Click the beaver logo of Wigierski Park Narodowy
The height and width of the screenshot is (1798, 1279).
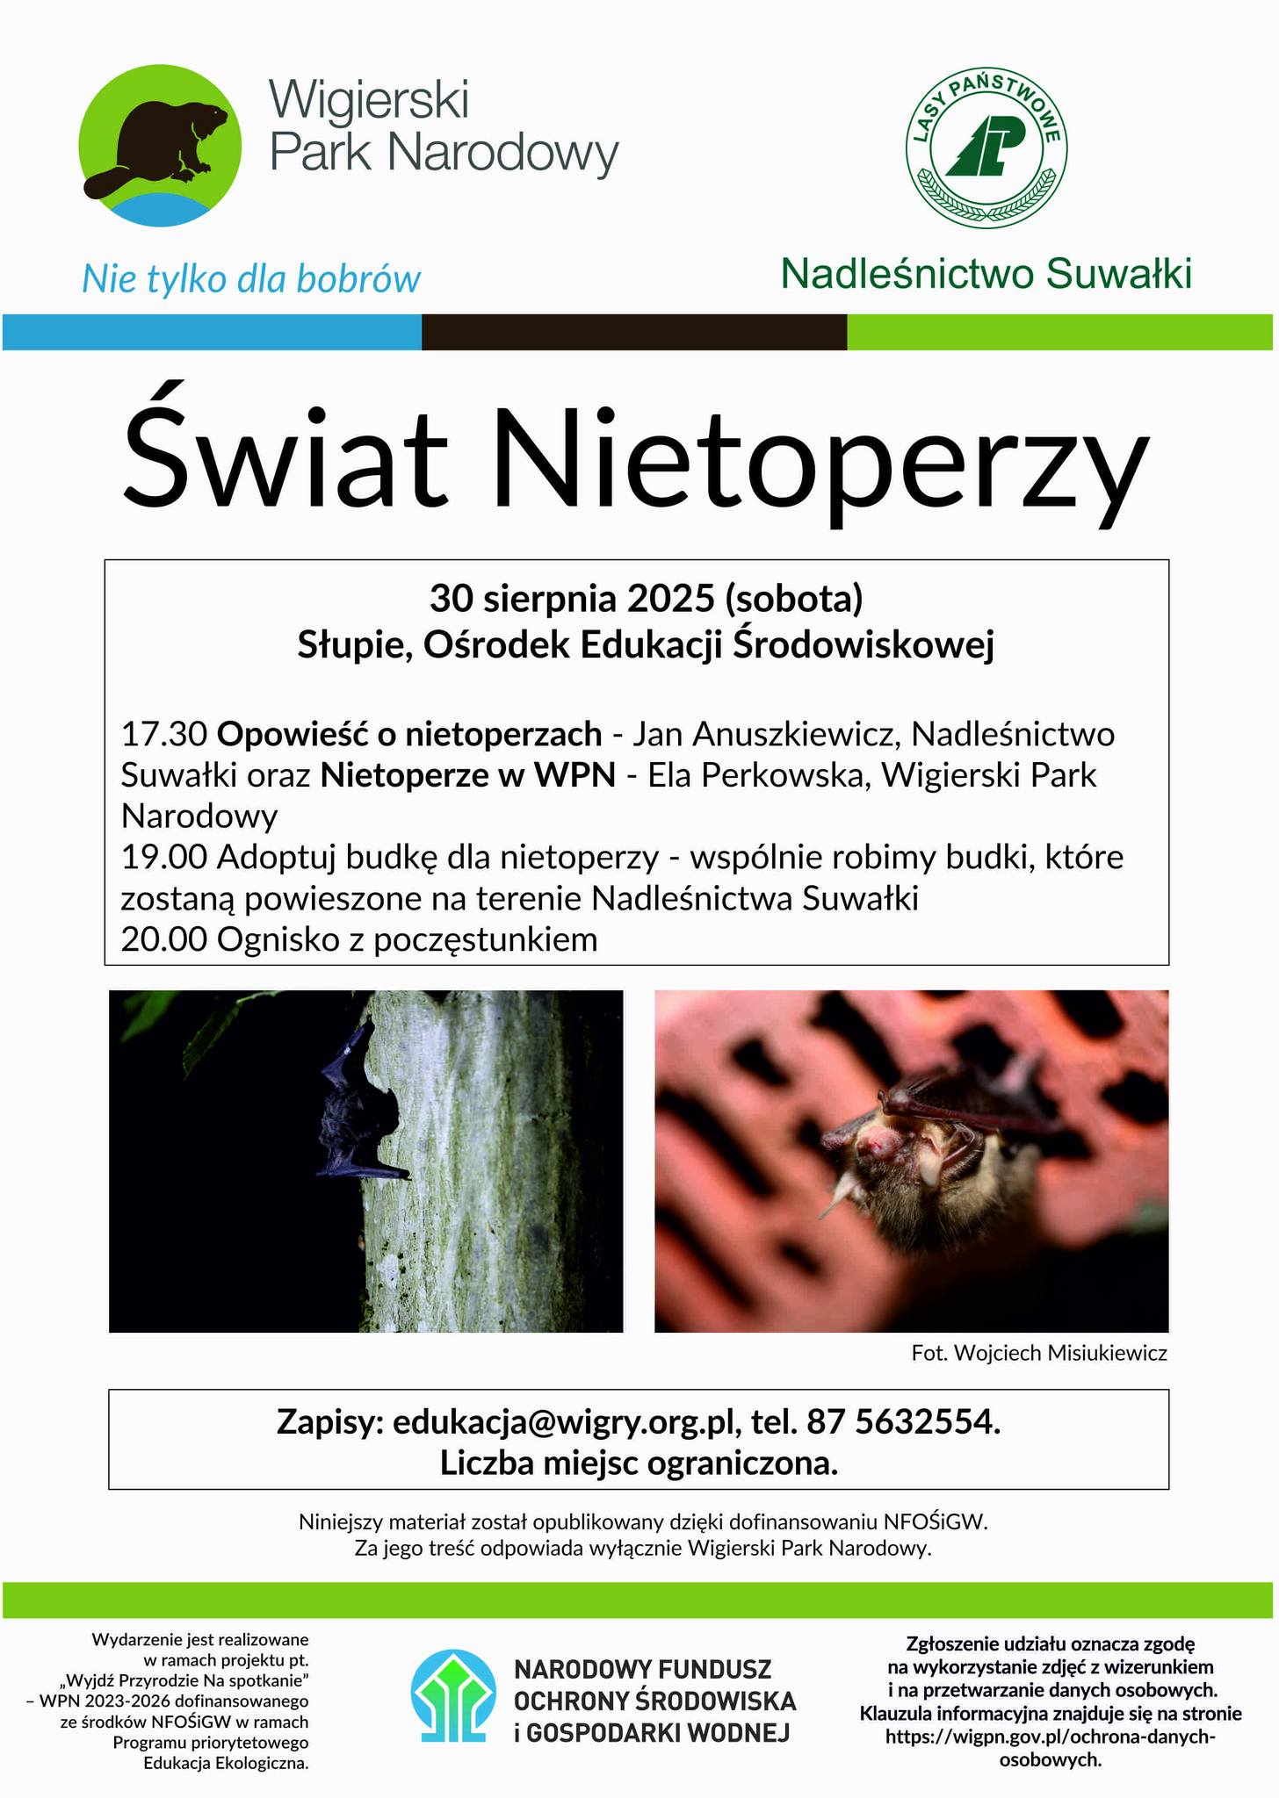coord(160,146)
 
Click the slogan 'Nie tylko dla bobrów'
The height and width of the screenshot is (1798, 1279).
coord(251,279)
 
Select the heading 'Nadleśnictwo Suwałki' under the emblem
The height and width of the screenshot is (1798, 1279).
coord(986,274)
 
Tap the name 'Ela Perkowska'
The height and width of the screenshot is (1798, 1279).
coord(755,775)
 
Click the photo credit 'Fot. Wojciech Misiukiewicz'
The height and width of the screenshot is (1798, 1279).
coord(1039,1353)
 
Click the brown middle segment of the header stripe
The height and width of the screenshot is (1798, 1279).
coord(633,332)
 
